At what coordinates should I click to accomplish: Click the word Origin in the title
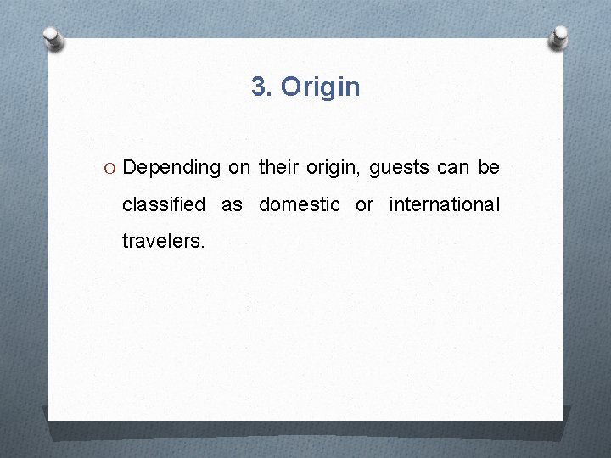point(320,87)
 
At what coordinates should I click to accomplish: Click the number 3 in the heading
point(261,87)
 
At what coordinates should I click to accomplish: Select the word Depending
point(171,168)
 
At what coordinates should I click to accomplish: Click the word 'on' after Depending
point(238,168)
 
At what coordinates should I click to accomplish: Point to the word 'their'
point(278,168)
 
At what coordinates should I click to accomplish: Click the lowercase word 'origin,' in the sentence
point(333,168)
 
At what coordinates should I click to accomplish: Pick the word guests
point(398,168)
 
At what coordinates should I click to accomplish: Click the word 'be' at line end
point(489,168)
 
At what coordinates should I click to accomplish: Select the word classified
point(164,204)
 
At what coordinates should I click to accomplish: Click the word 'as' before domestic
point(232,204)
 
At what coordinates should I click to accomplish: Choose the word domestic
point(300,204)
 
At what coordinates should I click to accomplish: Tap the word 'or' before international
point(364,204)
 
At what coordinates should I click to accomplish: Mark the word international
point(445,204)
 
